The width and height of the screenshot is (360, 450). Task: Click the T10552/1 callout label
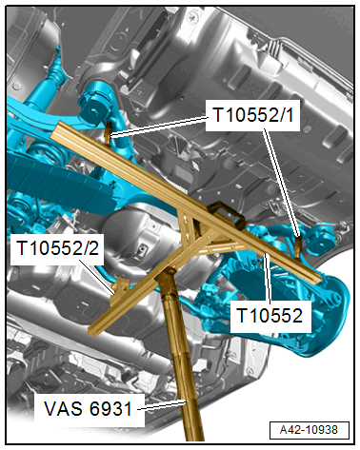coord(252,115)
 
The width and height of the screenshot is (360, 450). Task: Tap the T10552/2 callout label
coord(57,248)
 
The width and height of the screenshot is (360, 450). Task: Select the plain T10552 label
coord(270,316)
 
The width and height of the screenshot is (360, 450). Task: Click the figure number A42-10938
coord(310,430)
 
